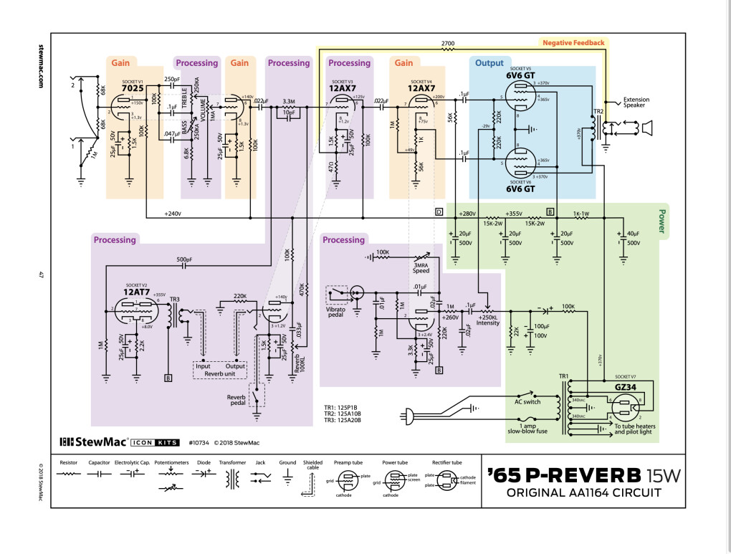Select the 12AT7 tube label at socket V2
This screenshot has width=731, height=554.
(x=135, y=292)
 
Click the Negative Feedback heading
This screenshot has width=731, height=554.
(x=573, y=43)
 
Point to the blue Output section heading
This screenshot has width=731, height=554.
(x=490, y=63)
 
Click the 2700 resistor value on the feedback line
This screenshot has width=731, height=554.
(x=448, y=44)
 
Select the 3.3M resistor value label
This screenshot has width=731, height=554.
(x=289, y=101)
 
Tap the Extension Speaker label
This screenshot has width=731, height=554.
(x=638, y=103)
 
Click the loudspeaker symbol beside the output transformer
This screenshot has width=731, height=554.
(x=646, y=128)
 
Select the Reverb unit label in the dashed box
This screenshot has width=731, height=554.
(x=220, y=374)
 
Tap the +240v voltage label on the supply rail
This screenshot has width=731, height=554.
(x=173, y=214)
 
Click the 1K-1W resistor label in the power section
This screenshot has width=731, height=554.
(x=581, y=214)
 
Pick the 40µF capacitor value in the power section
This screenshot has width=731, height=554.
(x=634, y=234)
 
